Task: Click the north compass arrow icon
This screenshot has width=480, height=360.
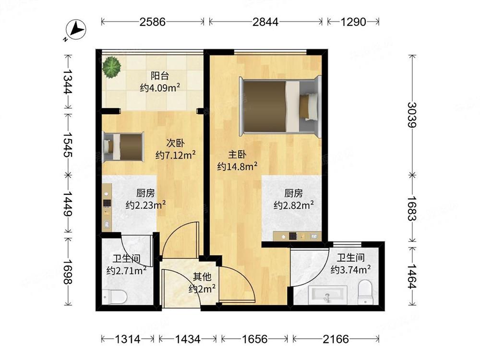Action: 76,30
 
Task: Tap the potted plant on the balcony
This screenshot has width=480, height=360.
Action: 112,67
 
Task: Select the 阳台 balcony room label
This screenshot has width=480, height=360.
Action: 159,76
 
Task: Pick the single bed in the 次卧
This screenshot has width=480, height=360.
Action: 123,146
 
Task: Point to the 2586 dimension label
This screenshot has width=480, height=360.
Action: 153,22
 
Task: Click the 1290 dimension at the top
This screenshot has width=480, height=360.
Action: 353,22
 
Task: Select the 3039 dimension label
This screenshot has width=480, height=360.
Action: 412,115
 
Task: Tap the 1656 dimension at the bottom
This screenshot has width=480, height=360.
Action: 254,339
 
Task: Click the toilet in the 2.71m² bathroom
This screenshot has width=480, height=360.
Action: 115,296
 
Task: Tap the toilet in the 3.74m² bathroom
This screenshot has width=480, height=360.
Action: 365,292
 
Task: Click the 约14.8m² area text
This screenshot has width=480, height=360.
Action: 237,167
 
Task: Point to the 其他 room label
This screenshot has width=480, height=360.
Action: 202,277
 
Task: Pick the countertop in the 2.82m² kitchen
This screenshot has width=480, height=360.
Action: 297,236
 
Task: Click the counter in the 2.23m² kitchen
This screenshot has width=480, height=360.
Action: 107,207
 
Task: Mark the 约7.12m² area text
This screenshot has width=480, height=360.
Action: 175,155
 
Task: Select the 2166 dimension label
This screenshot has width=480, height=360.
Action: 336,339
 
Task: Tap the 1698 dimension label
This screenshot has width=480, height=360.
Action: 68,272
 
